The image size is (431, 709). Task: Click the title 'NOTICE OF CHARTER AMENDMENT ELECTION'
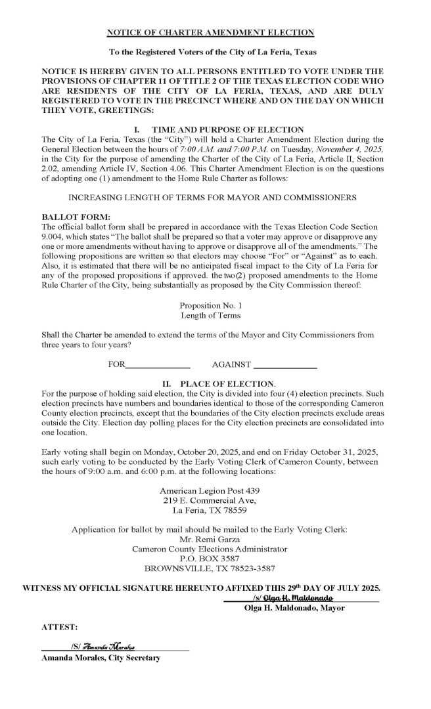pos(211,32)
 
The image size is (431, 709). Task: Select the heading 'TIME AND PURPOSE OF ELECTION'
pos(227,130)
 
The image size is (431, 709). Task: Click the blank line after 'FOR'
pos(157,363)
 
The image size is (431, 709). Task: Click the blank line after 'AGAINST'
pos(285,363)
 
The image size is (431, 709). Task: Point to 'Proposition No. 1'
pos(211,306)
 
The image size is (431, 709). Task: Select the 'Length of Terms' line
pos(211,316)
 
